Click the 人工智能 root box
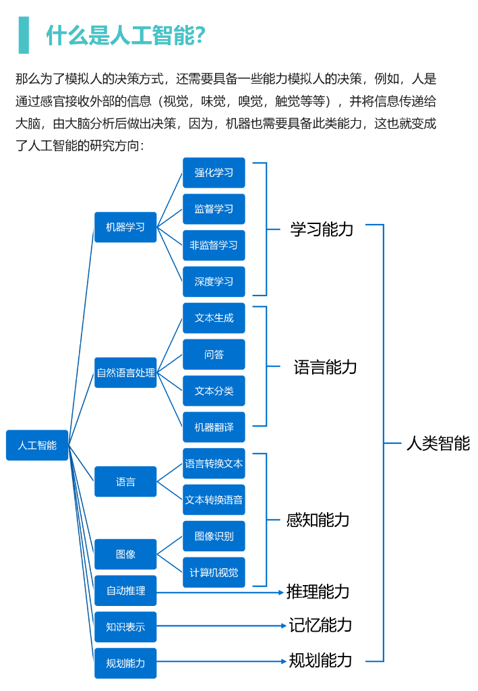pyautogui.click(x=37, y=445)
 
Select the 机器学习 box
pyautogui.click(x=125, y=227)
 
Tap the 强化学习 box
pyautogui.click(x=214, y=172)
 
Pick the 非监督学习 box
pyautogui.click(x=214, y=245)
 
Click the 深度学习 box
pyautogui.click(x=214, y=281)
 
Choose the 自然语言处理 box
pyautogui.click(x=125, y=372)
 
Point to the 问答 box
pyautogui.click(x=214, y=354)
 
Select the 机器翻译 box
pyautogui.click(x=214, y=427)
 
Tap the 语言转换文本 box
pyautogui.click(x=214, y=463)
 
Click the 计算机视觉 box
pyautogui.click(x=214, y=572)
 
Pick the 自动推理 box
pyautogui.click(x=125, y=590)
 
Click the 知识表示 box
pyautogui.click(x=125, y=627)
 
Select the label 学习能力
pyautogui.click(x=322, y=229)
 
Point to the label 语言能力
pyautogui.click(x=325, y=366)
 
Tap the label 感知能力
pyautogui.click(x=318, y=520)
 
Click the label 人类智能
pyautogui.click(x=438, y=443)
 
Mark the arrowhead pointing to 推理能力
pyautogui.click(x=281, y=592)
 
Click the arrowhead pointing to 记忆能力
pyautogui.click(x=284, y=626)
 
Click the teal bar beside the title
pyautogui.click(x=24, y=35)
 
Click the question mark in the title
pyautogui.click(x=200, y=35)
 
